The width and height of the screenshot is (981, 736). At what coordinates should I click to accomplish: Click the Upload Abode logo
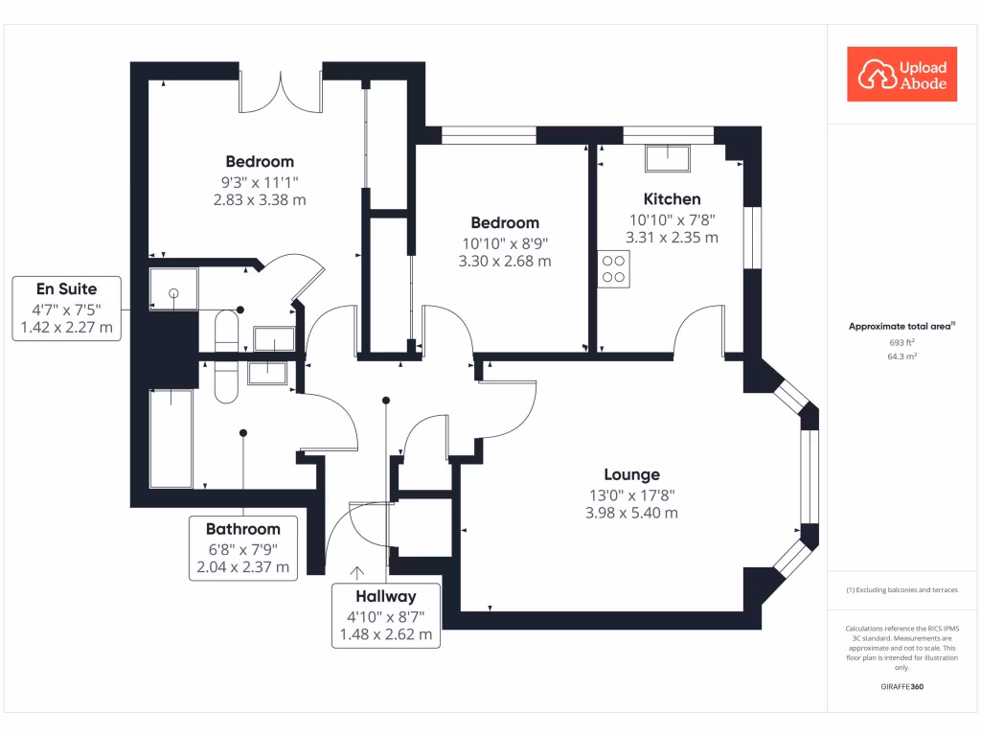[x=901, y=74]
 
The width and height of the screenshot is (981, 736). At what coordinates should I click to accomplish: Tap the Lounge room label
[x=631, y=474]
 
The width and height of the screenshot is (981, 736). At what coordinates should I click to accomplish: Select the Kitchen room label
[x=672, y=199]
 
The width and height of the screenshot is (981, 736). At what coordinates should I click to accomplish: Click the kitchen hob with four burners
[x=614, y=268]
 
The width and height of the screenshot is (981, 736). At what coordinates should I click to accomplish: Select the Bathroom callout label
[x=243, y=529]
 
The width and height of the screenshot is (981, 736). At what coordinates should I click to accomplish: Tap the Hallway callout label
[x=386, y=597]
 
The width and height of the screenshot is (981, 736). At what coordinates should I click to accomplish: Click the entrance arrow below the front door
[x=356, y=572]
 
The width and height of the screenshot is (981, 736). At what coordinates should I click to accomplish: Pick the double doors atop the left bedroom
[x=280, y=91]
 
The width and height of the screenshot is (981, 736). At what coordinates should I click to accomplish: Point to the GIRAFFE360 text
[x=901, y=687]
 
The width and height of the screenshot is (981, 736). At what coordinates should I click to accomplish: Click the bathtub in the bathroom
[x=171, y=436]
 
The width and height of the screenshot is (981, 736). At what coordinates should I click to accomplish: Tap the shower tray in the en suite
[x=173, y=288]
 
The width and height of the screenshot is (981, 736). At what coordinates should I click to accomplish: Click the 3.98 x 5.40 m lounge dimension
[x=631, y=513]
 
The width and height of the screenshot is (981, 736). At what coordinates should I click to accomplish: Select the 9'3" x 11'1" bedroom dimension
[x=260, y=181]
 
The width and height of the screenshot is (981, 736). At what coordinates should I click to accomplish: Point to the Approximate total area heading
[x=901, y=327]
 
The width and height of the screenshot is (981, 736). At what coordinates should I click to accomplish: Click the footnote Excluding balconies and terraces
[x=901, y=589]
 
